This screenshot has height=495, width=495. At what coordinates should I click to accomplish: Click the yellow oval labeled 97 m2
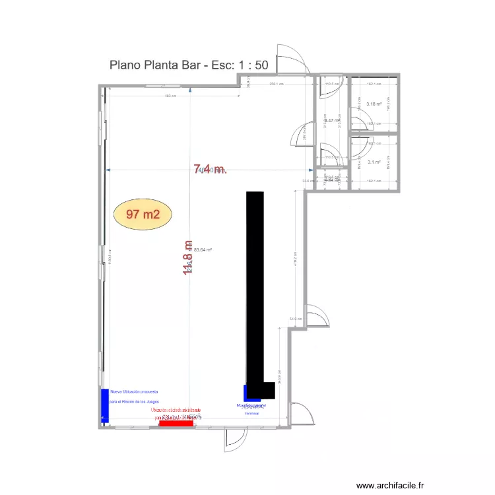[143, 214]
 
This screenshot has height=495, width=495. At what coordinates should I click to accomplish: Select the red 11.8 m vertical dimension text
[188, 258]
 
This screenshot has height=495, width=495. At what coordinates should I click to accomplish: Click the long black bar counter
[255, 290]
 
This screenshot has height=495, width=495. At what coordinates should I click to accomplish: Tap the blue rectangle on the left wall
[104, 405]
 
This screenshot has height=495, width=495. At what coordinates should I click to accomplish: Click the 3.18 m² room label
[374, 104]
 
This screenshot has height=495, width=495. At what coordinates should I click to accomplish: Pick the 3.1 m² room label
[374, 162]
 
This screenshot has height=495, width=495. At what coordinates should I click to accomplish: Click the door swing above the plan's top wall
[290, 59]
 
